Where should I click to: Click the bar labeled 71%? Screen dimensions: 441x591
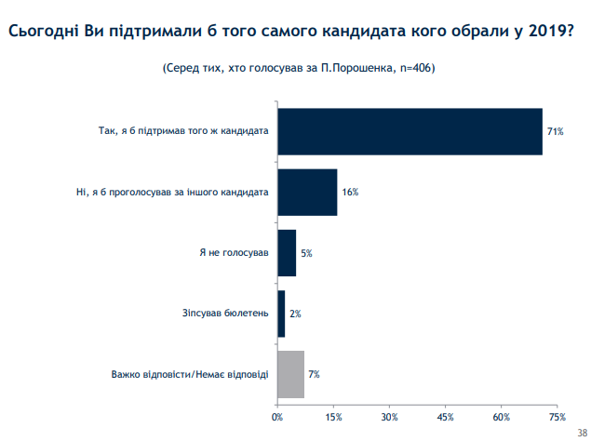point(410,131)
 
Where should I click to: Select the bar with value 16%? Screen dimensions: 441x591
point(307,193)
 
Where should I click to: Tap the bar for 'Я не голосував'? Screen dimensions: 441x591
point(287,253)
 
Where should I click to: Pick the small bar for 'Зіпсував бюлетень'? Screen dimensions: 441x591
point(281,314)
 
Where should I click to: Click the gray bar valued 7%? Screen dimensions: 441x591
point(291,374)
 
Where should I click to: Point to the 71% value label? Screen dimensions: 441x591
point(556,132)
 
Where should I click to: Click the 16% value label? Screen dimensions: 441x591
point(350,193)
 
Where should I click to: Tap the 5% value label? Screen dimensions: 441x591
point(306,253)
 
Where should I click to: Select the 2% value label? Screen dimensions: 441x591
point(295,314)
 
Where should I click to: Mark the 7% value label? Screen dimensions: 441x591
point(315,374)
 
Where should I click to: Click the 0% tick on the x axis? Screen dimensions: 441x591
point(277,416)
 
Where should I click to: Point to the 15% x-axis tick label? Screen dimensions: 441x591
point(333,416)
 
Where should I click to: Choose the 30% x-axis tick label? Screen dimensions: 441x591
point(390,416)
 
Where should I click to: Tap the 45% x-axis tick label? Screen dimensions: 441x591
point(446,416)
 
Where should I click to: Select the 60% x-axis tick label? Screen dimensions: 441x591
point(503,416)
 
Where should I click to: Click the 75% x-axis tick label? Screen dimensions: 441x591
point(557,416)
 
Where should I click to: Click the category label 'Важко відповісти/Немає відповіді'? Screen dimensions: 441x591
point(190,374)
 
